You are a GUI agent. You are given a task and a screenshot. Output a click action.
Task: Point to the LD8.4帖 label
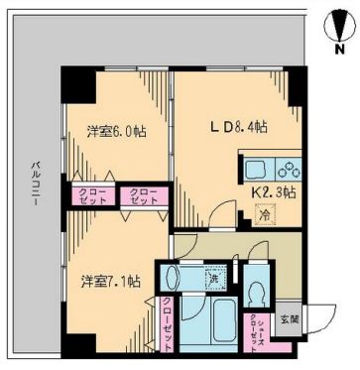point(234,127)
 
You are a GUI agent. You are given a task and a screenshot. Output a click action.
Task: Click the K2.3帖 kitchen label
point(271,191)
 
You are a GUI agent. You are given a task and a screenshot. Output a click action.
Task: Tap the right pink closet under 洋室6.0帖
point(141,195)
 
